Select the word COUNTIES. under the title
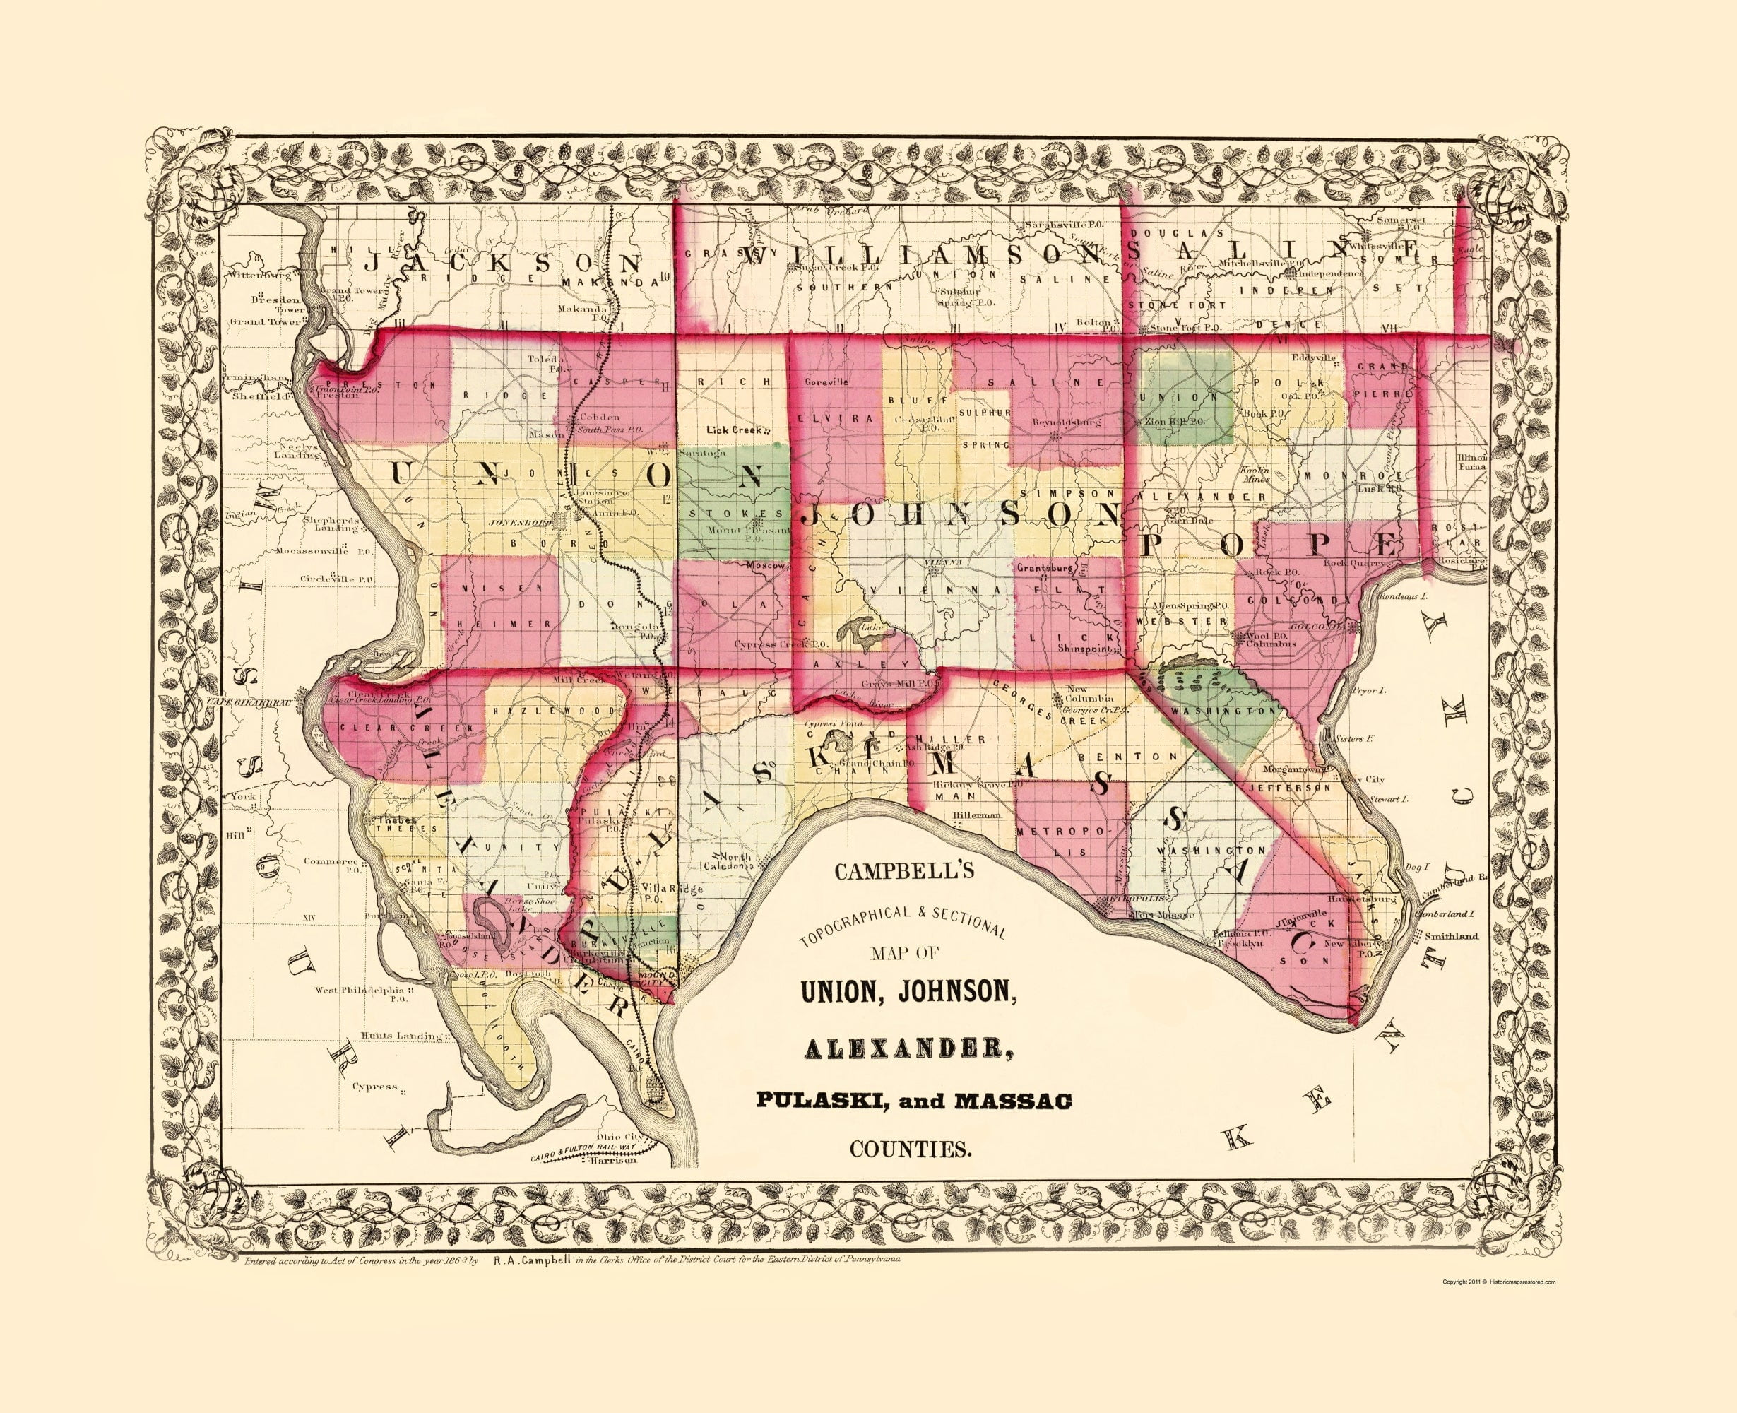pyautogui.click(x=911, y=1150)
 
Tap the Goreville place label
pyautogui.click(x=826, y=381)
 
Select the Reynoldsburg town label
pyautogui.click(x=1067, y=423)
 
